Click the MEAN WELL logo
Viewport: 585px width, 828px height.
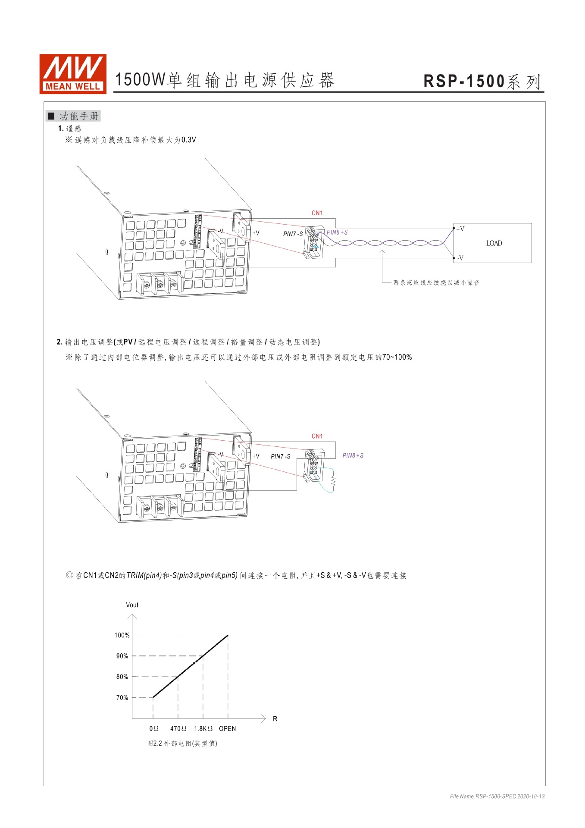tap(72, 73)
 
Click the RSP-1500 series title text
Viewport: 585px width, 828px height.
tap(482, 81)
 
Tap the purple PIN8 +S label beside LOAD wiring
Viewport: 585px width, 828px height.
tap(337, 232)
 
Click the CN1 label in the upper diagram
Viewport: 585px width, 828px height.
tap(317, 213)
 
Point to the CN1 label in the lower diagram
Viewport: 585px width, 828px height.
tap(317, 436)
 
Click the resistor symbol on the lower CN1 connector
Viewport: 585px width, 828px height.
tap(333, 480)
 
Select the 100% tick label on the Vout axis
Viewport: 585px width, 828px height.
tap(122, 635)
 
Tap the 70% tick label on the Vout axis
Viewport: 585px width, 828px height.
tap(122, 697)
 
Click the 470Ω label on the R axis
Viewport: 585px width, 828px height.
tap(178, 728)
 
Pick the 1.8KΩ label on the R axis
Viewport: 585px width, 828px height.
tap(203, 728)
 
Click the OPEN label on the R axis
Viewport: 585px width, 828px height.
tap(227, 728)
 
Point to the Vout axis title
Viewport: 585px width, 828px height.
tap(132, 605)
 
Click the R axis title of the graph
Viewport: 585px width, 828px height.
tap(275, 719)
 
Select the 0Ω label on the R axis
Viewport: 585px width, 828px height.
tap(154, 728)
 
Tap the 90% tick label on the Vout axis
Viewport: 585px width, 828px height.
tap(122, 656)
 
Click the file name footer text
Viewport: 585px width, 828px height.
tap(497, 796)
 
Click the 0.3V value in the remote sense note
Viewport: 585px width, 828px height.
tap(188, 140)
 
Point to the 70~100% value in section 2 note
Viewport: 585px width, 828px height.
tap(397, 357)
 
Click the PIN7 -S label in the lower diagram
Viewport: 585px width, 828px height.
tap(280, 456)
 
